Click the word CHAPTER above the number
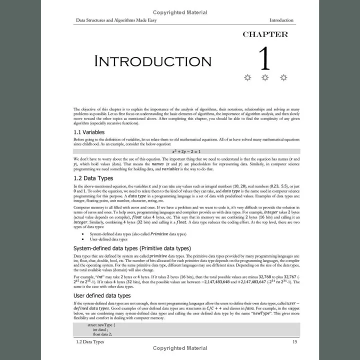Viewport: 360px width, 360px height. pos(265,34)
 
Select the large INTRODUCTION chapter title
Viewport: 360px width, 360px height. pos(153,61)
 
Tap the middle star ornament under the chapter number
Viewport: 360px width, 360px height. pos(265,77)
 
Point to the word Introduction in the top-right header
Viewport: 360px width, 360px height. pos(281,20)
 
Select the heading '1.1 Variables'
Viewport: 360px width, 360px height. pos(89,132)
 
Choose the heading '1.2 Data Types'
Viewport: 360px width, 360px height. pos(93,178)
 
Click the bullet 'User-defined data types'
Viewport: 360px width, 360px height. pos(109,239)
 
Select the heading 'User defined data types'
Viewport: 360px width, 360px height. pos(102,295)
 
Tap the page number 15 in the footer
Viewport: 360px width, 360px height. pos(295,342)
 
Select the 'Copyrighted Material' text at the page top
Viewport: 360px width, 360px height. pos(180,12)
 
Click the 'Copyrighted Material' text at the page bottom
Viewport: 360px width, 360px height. pos(180,348)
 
